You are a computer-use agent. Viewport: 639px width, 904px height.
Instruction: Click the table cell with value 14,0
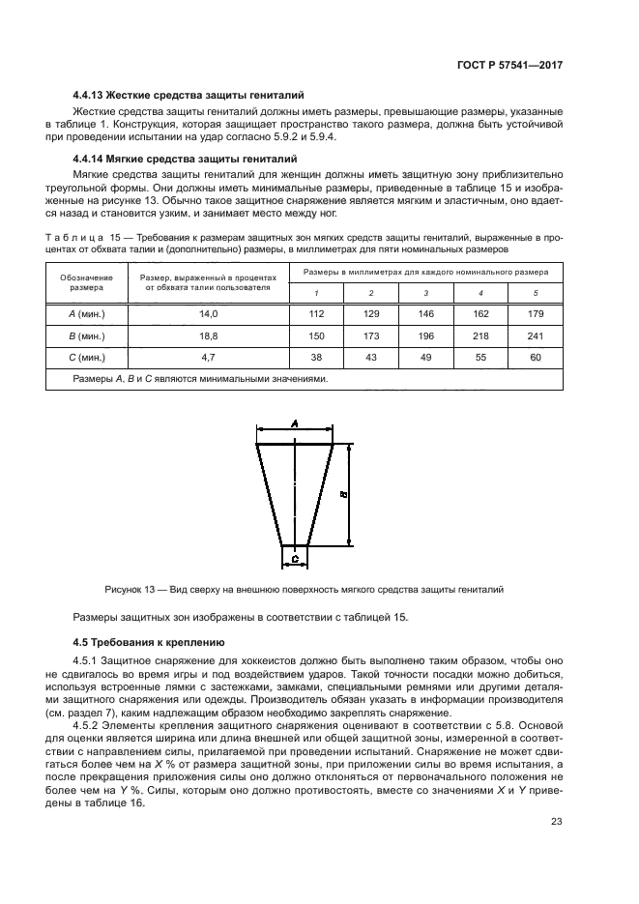pos(209,314)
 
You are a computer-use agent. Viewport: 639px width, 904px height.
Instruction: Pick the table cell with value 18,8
pos(209,335)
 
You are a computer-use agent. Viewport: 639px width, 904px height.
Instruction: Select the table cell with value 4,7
pos(209,357)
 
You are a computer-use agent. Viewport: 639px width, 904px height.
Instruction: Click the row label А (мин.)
pos(87,314)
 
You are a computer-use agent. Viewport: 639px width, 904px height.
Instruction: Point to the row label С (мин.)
pos(87,357)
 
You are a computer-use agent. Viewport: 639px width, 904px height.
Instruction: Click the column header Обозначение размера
pos(87,282)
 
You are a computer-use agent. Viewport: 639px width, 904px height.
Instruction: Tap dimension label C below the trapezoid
pos(294,559)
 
